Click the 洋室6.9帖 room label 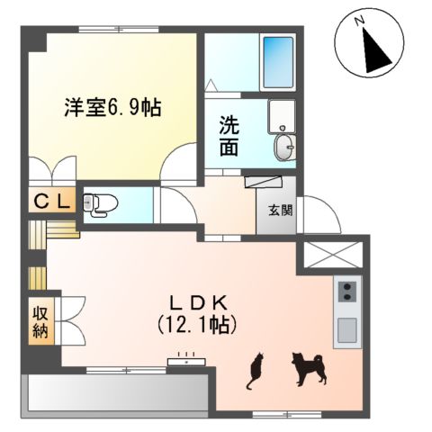tap(112, 107)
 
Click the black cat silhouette tap(256, 369)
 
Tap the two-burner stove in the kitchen tap(346, 292)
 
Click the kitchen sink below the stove tap(346, 330)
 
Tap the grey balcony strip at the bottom tap(117, 393)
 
